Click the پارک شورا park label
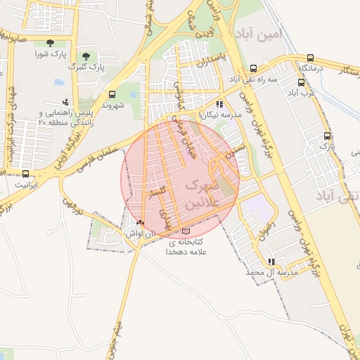tap(51, 54)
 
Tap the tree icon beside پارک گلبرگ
tap(86, 56)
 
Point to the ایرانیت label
tap(28, 184)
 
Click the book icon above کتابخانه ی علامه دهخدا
tap(186, 231)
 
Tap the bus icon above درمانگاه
tap(311, 58)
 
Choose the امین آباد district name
tap(259, 34)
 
